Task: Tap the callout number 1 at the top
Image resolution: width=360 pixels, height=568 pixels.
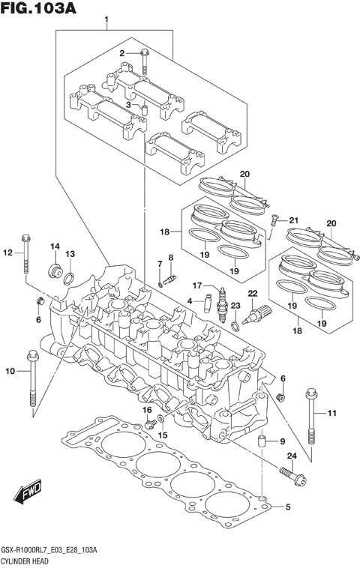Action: point(106,19)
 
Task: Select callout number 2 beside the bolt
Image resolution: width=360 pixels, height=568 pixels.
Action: point(122,52)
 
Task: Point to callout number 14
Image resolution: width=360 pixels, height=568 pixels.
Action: point(55,247)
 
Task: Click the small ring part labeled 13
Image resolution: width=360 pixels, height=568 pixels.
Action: point(67,279)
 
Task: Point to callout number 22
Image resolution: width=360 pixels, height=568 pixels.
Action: point(253,293)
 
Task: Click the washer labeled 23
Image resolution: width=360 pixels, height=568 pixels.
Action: point(235,326)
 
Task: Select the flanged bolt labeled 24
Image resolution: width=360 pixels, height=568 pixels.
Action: point(289,474)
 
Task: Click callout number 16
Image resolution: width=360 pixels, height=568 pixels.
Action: point(148,410)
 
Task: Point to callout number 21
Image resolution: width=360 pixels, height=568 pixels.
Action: point(293,220)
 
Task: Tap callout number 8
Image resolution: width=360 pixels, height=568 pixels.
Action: point(171,259)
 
